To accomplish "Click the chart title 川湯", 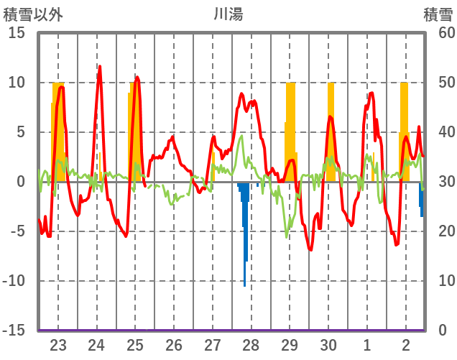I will pyautogui.click(x=228, y=14).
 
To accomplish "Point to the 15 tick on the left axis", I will pyautogui.click(x=17, y=33).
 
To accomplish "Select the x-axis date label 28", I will pyautogui.click(x=251, y=344).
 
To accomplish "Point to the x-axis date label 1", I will pyautogui.click(x=367, y=344).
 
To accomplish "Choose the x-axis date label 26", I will pyautogui.click(x=173, y=344).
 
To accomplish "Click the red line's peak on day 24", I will pyautogui.click(x=99, y=67).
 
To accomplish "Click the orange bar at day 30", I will pyautogui.click(x=331, y=129).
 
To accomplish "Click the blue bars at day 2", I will pyautogui.click(x=422, y=201).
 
